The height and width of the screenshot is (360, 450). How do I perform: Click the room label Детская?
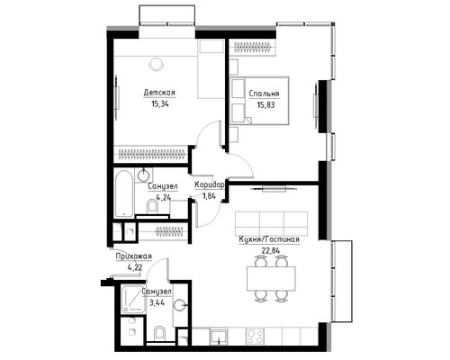[159, 93]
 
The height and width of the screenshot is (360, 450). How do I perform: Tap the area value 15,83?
[265, 105]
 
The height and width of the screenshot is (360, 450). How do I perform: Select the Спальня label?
[265, 94]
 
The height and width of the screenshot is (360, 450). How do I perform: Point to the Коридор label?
[210, 185]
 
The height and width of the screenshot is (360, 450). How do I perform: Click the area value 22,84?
[269, 251]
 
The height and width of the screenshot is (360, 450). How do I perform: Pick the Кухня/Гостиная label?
[269, 239]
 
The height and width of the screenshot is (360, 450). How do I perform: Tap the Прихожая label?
[134, 256]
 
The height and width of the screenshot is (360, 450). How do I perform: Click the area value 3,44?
[157, 302]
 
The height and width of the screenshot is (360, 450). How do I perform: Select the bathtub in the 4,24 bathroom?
[124, 193]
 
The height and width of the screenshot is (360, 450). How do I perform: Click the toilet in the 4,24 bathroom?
[153, 207]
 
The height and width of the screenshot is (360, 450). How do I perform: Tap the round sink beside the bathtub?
[144, 175]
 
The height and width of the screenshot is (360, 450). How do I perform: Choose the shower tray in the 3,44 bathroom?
[133, 299]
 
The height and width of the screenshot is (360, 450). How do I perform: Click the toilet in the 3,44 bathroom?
[159, 334]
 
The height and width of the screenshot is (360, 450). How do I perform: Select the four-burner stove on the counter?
[255, 336]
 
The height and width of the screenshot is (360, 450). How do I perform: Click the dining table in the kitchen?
[271, 278]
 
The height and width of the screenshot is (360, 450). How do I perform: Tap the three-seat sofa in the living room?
[272, 223]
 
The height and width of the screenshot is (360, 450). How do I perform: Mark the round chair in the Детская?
[157, 64]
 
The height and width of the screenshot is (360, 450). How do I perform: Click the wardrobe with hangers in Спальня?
[253, 47]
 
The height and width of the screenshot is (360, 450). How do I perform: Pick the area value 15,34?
[160, 104]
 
